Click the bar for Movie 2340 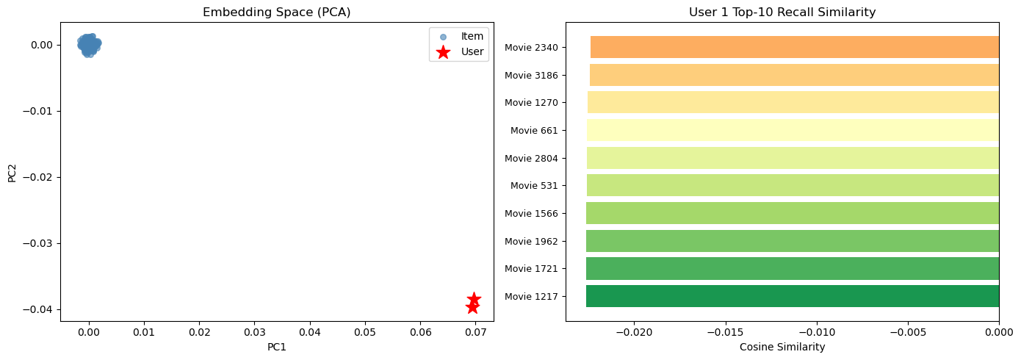point(794,47)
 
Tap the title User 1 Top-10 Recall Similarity point(782,12)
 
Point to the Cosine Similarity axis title point(782,347)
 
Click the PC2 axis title point(12,172)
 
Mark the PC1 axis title point(276,347)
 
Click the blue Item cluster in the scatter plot point(88,44)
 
